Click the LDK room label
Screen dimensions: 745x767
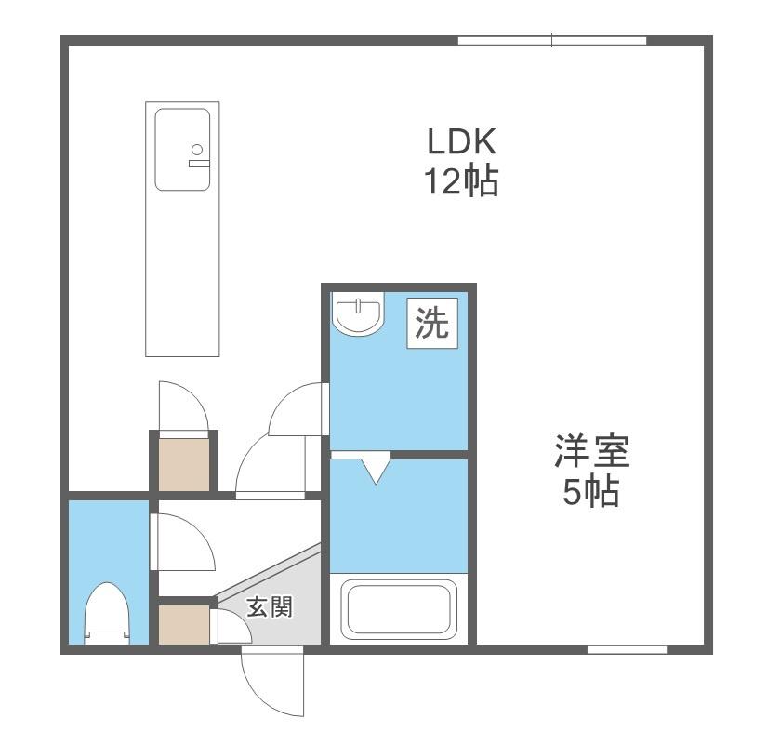pyautogui.click(x=462, y=142)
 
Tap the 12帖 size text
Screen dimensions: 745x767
pyautogui.click(x=462, y=181)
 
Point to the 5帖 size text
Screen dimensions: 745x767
pyautogui.click(x=591, y=492)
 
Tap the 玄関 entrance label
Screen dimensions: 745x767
pyautogui.click(x=270, y=607)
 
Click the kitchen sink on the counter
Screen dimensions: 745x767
pyautogui.click(x=182, y=150)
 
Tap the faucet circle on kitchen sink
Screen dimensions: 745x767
pyautogui.click(x=196, y=149)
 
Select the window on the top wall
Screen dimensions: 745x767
pyautogui.click(x=551, y=40)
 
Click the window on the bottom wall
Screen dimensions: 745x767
pyautogui.click(x=627, y=648)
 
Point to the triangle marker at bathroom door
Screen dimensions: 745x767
pyautogui.click(x=376, y=469)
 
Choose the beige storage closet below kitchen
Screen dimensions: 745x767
pyautogui.click(x=183, y=462)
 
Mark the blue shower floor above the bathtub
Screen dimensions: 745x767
pyautogui.click(x=398, y=516)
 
